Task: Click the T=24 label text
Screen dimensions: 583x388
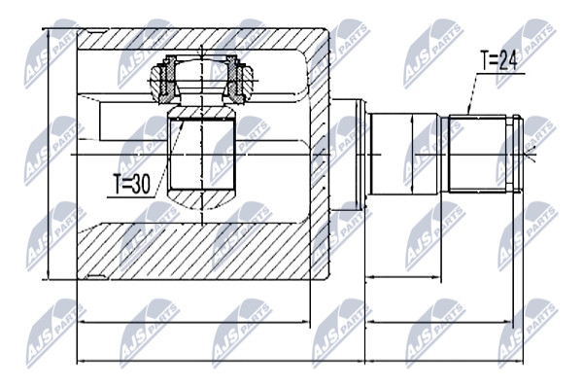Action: coord(498,60)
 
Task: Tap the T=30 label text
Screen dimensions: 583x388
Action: coord(132,185)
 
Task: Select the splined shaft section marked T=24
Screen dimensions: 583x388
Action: coord(477,154)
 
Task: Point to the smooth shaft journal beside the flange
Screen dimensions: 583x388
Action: coord(404,154)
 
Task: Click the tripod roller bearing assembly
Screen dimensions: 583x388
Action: coord(201,79)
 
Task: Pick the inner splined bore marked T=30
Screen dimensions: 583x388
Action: coord(201,154)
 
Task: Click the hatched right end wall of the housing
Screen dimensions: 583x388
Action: coord(319,155)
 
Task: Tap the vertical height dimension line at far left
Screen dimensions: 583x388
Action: coord(49,154)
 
